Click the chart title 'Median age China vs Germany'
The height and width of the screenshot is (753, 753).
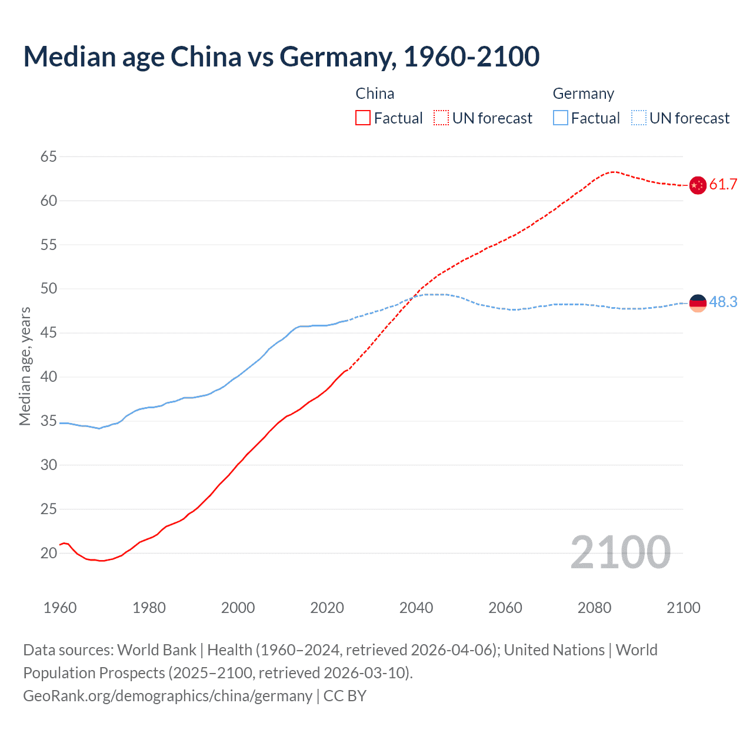[x=281, y=56]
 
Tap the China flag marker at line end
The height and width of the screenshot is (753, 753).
[x=697, y=185]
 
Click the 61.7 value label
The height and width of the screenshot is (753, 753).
[x=723, y=185]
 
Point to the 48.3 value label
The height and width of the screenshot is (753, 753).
[x=723, y=302]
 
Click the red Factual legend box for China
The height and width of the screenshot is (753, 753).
[x=363, y=118]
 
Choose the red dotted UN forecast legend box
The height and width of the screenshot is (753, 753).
[x=441, y=118]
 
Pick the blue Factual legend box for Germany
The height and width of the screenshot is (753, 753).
[x=561, y=118]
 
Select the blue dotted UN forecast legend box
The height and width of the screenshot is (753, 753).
[x=639, y=118]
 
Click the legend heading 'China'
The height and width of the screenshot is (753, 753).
[x=375, y=94]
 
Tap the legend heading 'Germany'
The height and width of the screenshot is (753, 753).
[x=583, y=94]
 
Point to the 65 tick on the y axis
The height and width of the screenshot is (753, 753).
[x=49, y=157]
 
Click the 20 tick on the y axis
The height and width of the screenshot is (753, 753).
[x=49, y=553]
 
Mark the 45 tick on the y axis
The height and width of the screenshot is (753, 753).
[x=49, y=333]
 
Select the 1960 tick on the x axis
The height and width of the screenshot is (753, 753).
[x=60, y=608]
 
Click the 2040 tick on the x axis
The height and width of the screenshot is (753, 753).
[x=416, y=608]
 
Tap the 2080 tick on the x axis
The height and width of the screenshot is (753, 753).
[x=594, y=608]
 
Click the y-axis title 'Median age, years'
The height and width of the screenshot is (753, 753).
[x=25, y=366]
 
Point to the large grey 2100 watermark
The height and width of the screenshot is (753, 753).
[x=620, y=552]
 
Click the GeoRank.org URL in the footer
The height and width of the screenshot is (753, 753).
[x=168, y=696]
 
